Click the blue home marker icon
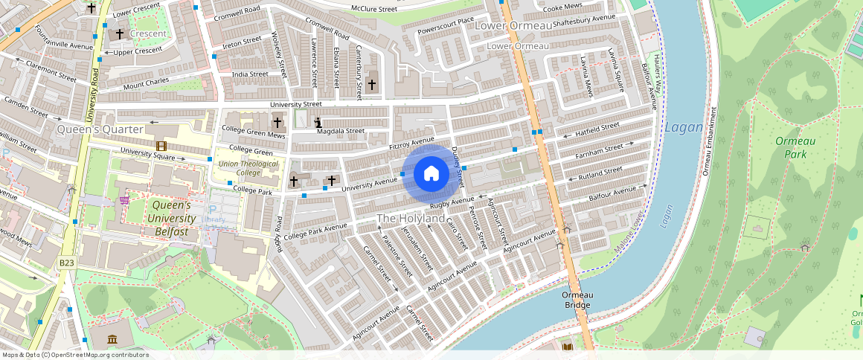(x=431, y=174)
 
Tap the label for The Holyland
(x=411, y=218)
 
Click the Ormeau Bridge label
(x=577, y=300)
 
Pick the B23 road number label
(x=67, y=263)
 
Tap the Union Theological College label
(x=248, y=168)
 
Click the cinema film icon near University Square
(x=161, y=146)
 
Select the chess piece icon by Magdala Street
(x=318, y=123)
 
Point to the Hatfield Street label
(x=598, y=131)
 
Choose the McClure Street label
(x=373, y=9)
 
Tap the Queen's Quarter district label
(x=100, y=129)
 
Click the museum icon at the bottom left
(x=112, y=340)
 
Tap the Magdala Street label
(x=340, y=131)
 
